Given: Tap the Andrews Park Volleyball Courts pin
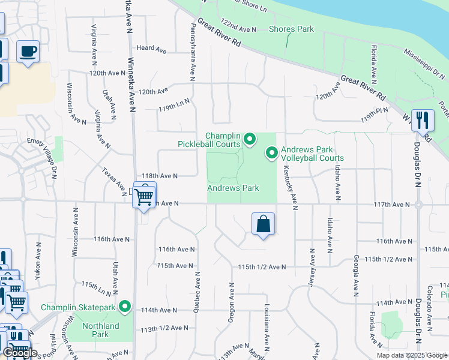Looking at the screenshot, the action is tap(271, 154).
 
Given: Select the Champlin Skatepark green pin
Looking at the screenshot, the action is tap(125, 307).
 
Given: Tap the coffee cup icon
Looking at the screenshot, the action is tap(28, 51).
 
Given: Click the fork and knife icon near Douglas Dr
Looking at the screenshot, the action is tap(423, 120).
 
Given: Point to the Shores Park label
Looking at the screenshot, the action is tap(291, 29).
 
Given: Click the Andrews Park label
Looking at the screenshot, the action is tap(233, 188).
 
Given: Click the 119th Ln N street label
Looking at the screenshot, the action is tap(174, 103).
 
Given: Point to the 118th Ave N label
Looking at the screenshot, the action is tap(159, 176).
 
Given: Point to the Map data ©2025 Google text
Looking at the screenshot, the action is tap(412, 355).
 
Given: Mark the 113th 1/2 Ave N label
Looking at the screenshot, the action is tap(164, 329).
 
